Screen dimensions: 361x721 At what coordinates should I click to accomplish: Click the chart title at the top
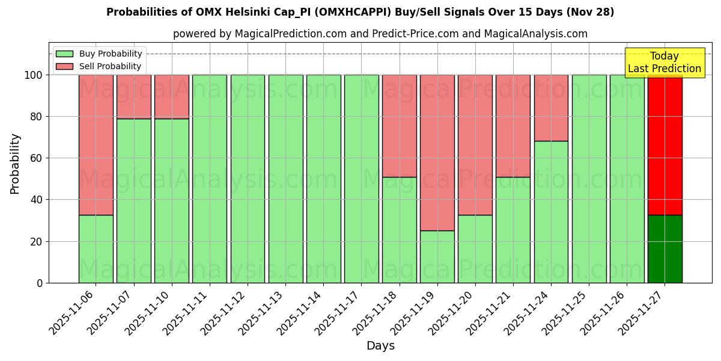click(360, 12)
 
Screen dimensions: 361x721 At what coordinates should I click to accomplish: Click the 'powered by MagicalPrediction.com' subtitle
click(380, 34)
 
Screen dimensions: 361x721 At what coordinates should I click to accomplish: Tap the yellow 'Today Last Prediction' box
click(664, 63)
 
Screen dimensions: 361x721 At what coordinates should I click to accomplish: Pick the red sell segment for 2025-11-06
click(96, 144)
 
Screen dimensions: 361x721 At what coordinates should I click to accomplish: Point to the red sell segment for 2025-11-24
click(551, 108)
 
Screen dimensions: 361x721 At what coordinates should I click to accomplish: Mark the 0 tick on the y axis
click(40, 283)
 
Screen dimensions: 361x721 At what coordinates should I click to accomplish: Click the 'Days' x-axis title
click(380, 346)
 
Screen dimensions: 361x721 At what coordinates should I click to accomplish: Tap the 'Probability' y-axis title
click(15, 164)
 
